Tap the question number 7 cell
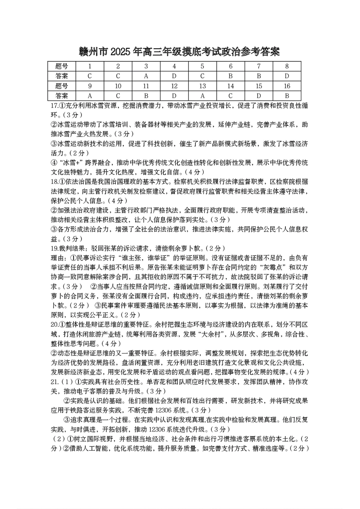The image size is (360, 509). pos(259,66)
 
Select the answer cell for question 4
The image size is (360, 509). pos(174,76)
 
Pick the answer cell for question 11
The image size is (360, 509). pos(146,96)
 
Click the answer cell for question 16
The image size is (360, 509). pos(287,96)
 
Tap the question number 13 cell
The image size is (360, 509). pos(202,86)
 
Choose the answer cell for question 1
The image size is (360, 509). pos(90,76)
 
